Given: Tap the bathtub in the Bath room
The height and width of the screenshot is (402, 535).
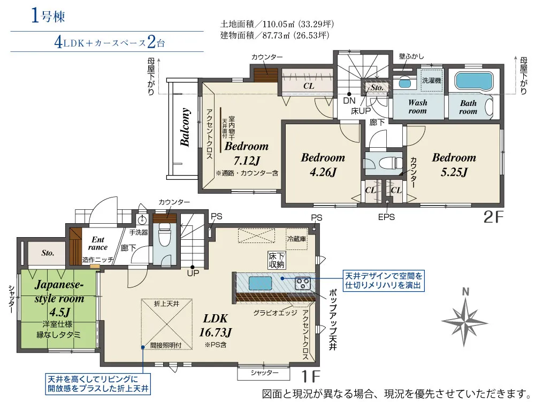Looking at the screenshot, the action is (474, 80).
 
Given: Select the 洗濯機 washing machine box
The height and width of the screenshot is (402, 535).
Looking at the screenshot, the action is (432, 80).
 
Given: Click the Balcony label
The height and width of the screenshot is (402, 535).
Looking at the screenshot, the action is (185, 127).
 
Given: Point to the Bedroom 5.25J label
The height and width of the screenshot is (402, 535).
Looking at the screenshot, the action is (454, 164).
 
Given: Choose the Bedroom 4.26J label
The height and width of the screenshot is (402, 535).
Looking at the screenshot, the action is (323, 164).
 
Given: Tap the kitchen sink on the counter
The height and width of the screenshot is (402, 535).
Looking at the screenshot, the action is (261, 283).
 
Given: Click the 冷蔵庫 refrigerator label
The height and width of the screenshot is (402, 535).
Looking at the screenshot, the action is (296, 239).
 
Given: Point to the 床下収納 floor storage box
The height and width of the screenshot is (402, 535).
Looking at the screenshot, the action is (277, 260).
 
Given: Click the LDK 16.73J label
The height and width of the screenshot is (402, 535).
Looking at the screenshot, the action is (215, 325).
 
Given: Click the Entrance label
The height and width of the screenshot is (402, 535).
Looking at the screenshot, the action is (98, 244).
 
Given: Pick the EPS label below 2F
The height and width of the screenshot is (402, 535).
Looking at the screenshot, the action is (386, 217).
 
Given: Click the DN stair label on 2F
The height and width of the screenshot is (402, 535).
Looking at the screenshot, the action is (349, 101).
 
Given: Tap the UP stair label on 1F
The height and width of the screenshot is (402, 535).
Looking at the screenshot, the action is (193, 274).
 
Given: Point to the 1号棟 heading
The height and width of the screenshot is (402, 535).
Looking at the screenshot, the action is (48, 16).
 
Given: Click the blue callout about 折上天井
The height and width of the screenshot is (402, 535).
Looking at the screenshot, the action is (98, 384).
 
